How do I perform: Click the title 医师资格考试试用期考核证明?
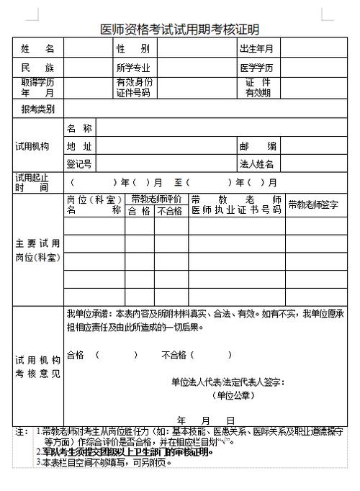179,29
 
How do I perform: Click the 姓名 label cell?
37,49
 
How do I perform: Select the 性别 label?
132,49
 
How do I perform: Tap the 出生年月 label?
256,49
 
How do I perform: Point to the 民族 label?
37,68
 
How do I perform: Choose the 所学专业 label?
134,68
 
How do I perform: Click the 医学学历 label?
257,68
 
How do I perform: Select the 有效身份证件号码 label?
134,88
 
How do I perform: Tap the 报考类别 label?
37,109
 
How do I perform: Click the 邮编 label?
257,146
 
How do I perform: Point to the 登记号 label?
78,164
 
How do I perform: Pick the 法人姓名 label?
257,164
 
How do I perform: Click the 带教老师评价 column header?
156,199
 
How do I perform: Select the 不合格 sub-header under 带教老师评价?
170,211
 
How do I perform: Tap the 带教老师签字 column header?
313,204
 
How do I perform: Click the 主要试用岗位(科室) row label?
37,250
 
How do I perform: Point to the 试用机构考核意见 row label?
37,366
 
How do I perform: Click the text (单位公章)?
233,395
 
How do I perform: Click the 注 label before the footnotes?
21,431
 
